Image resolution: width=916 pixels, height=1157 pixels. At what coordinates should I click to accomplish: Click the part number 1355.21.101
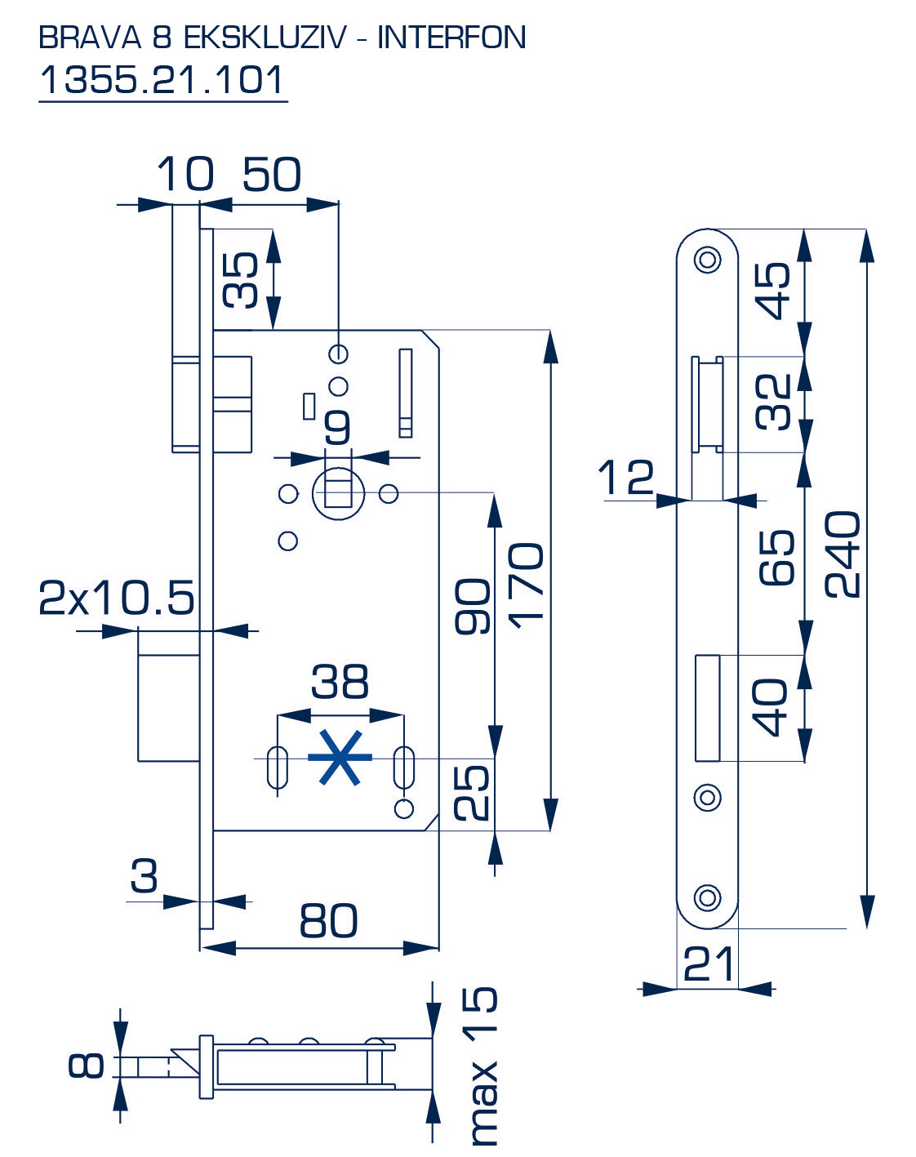(162, 80)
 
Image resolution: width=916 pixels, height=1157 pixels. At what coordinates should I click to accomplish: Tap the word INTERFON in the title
(451, 38)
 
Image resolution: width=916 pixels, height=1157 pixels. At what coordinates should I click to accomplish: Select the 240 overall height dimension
(843, 554)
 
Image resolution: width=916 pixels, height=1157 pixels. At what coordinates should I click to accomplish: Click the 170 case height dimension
(527, 585)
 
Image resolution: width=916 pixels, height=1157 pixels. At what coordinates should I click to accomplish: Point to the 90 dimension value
(474, 606)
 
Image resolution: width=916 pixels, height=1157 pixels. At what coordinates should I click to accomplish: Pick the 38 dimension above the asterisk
(340, 681)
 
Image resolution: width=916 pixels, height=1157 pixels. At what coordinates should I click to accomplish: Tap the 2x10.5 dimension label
(117, 598)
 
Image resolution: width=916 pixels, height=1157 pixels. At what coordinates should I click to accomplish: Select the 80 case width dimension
(328, 920)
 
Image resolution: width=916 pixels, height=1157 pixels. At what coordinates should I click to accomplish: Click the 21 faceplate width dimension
(708, 963)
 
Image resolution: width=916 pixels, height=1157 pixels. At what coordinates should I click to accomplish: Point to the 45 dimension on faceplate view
(773, 290)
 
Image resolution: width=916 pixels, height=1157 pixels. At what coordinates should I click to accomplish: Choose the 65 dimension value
(776, 557)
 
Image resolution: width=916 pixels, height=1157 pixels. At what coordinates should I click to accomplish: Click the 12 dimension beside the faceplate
(626, 477)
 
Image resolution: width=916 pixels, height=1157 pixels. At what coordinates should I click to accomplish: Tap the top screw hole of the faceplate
(707, 260)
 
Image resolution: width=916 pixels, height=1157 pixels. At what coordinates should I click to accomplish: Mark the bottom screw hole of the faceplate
(707, 897)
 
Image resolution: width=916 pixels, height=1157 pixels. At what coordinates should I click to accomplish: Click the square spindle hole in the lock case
(338, 493)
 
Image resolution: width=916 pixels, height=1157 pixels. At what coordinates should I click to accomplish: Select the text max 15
(482, 1066)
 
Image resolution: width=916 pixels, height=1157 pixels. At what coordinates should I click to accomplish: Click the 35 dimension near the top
(241, 280)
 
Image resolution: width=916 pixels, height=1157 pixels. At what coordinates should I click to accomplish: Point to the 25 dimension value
(473, 792)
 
